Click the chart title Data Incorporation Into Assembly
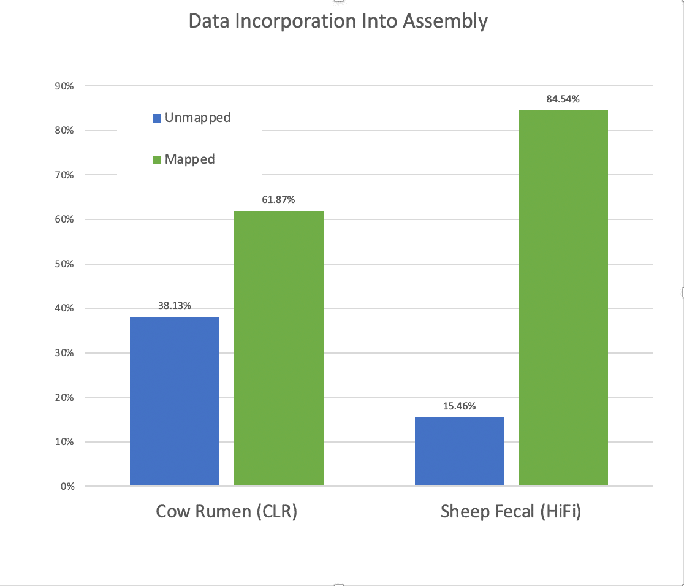pyautogui.click(x=338, y=21)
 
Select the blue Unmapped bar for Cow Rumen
pyautogui.click(x=175, y=401)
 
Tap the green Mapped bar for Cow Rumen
pyautogui.click(x=279, y=348)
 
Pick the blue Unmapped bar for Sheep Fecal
pyautogui.click(x=460, y=452)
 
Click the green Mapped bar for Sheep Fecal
pyautogui.click(x=563, y=298)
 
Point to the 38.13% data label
pyautogui.click(x=175, y=306)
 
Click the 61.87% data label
pyautogui.click(x=279, y=200)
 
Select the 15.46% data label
pyautogui.click(x=460, y=406)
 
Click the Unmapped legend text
pyautogui.click(x=197, y=118)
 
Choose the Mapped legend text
pyautogui.click(x=189, y=159)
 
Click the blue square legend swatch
pyautogui.click(x=158, y=118)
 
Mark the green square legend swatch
pyautogui.click(x=158, y=160)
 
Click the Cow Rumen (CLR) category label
pyautogui.click(x=226, y=511)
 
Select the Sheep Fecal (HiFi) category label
pyautogui.click(x=511, y=511)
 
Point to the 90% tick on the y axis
pyautogui.click(x=64, y=86)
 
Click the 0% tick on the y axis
pyautogui.click(x=66, y=487)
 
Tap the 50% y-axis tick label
pyautogui.click(x=64, y=264)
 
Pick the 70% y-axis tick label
pyautogui.click(x=64, y=175)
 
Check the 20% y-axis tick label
pyautogui.click(x=64, y=398)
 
